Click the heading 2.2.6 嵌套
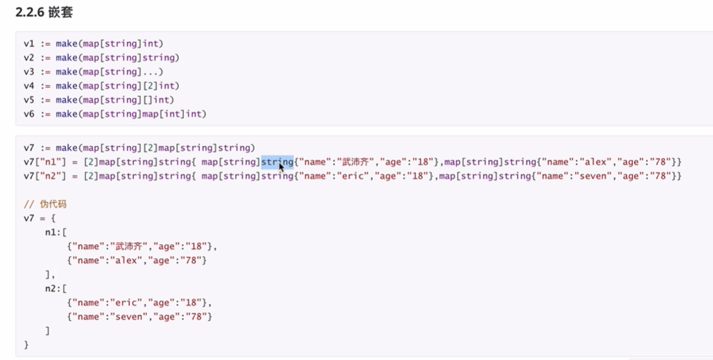(x=43, y=12)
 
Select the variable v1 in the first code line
(x=29, y=44)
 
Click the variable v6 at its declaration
(x=29, y=114)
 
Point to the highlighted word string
(x=277, y=161)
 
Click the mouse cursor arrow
(x=281, y=167)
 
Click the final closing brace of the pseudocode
(x=27, y=345)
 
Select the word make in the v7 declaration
(x=66, y=148)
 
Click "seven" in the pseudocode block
(x=133, y=317)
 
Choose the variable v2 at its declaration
(x=29, y=58)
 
